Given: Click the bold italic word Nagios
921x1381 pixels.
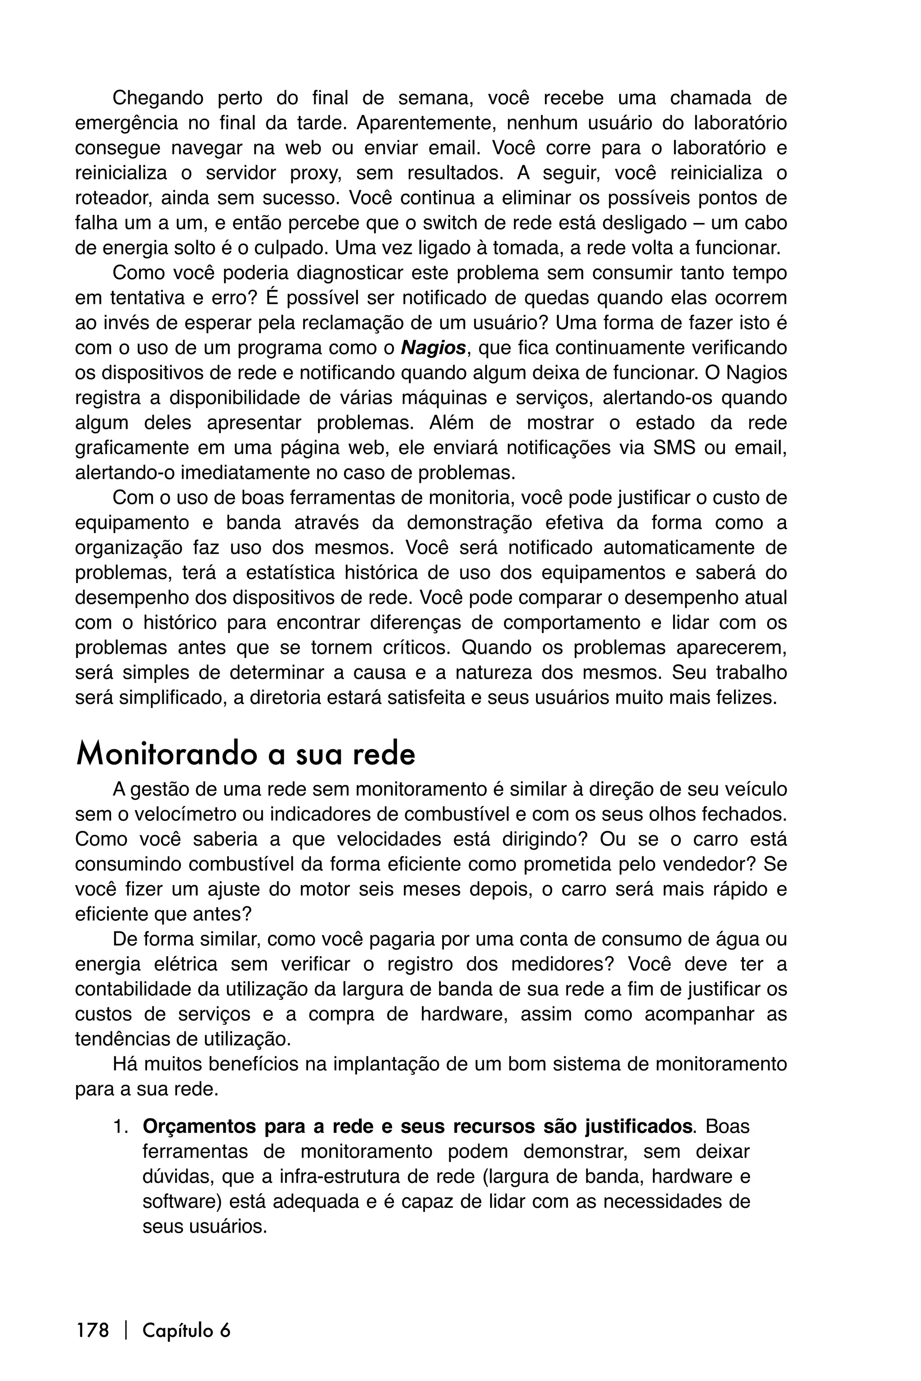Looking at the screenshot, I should pyautogui.click(x=434, y=348).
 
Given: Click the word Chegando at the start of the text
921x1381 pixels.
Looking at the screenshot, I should pyautogui.click(x=157, y=98).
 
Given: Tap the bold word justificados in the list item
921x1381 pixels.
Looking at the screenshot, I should pyautogui.click(x=637, y=1127).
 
